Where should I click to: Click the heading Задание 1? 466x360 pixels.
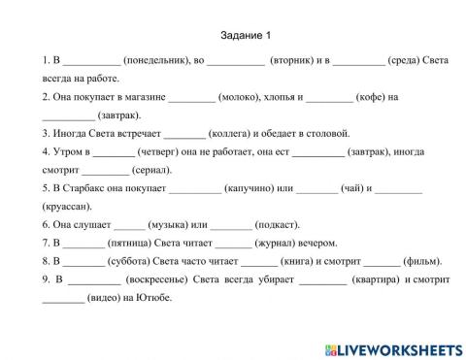pos(232,36)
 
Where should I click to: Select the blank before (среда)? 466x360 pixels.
pos(358,61)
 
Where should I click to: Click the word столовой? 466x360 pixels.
pos(329,133)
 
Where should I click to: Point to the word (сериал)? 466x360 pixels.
pos(153,170)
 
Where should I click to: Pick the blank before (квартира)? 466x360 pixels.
pos(323,279)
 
